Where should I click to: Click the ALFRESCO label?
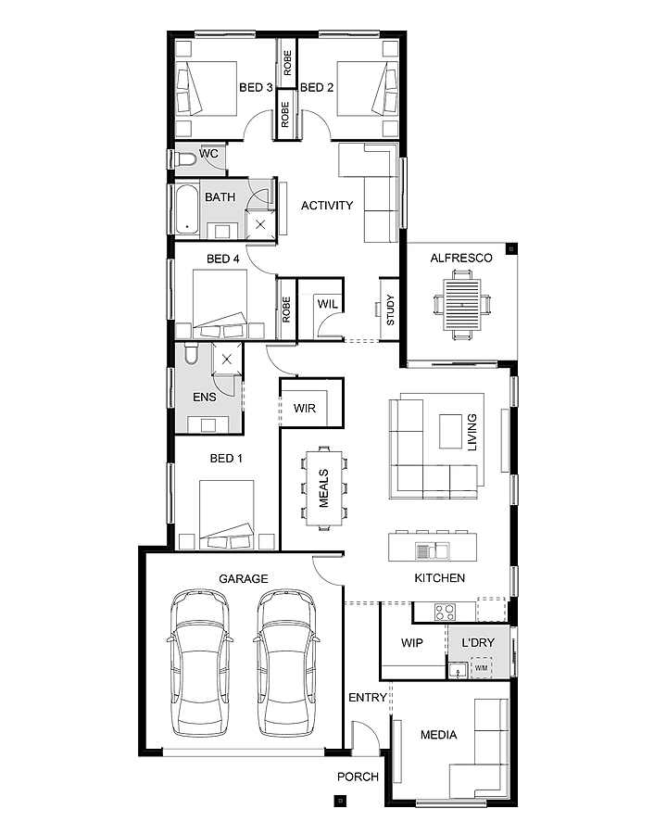pyautogui.click(x=461, y=258)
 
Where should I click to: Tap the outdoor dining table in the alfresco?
pyautogui.click(x=462, y=305)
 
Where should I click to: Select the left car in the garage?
pyautogui.click(x=200, y=663)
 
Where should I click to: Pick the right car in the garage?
pyautogui.click(x=288, y=663)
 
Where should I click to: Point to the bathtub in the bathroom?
pyautogui.click(x=186, y=209)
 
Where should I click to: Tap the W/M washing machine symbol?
pyautogui.click(x=481, y=667)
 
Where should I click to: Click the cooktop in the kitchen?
pyautogui.click(x=445, y=612)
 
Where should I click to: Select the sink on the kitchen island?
pyautogui.click(x=433, y=550)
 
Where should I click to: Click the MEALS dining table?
pyautogui.click(x=324, y=488)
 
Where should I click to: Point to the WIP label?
pyautogui.click(x=412, y=642)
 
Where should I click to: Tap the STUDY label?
pyautogui.click(x=390, y=310)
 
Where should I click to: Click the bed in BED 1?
pyautogui.click(x=227, y=515)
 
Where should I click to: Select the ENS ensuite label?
pyautogui.click(x=205, y=397)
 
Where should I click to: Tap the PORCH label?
pyautogui.click(x=358, y=777)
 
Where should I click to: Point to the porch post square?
pyautogui.click(x=341, y=800)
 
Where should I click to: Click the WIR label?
pyautogui.click(x=305, y=409)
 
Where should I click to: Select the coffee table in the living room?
pyautogui.click(x=450, y=432)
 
